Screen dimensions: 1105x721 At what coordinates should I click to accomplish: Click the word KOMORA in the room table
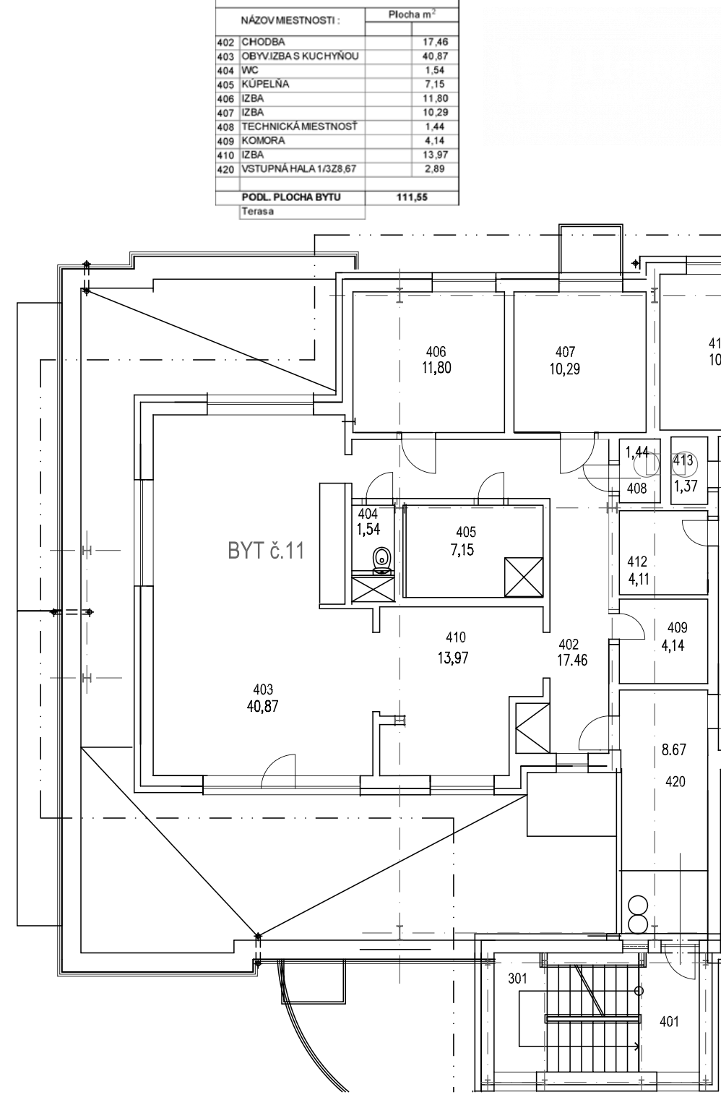coord(263,140)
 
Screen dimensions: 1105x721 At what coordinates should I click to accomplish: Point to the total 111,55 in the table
coord(411,197)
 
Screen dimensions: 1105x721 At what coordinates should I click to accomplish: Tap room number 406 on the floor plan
coord(436,352)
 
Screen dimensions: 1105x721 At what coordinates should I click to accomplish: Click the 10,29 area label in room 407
coord(565,368)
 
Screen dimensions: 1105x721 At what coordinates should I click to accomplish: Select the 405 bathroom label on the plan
coord(466,533)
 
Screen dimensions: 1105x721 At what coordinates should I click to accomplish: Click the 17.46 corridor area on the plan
coord(572,660)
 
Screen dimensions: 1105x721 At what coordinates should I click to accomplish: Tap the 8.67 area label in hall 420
coord(674,750)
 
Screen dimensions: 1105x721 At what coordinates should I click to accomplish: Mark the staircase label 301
coord(517,979)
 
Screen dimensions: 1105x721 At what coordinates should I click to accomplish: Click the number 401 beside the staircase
coord(669,1021)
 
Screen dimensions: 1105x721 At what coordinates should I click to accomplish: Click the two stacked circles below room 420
coord(639,914)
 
